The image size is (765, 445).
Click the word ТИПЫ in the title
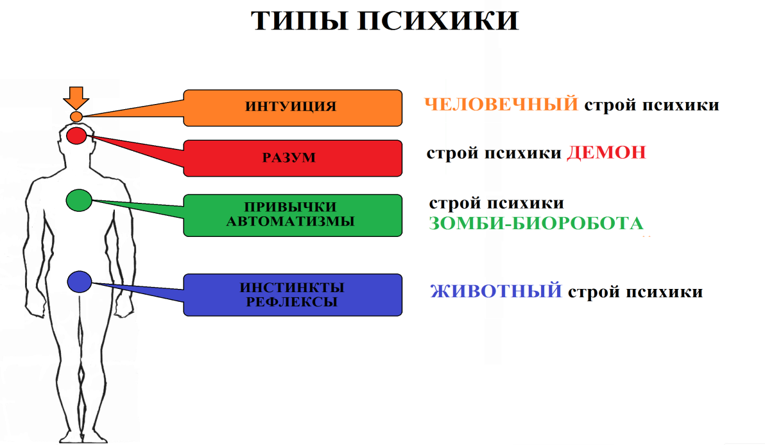click(x=298, y=21)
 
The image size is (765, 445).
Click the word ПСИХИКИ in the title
click(x=438, y=21)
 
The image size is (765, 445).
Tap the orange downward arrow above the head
click(x=76, y=98)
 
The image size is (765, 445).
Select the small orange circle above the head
click(x=76, y=117)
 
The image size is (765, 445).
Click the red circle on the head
click(x=76, y=135)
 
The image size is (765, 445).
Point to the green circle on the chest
click(x=79, y=200)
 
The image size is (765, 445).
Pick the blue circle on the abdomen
click(x=80, y=281)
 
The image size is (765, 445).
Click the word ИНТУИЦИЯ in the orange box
click(x=291, y=107)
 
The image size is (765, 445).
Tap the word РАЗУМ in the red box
click(x=289, y=157)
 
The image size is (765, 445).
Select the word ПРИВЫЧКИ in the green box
click(x=290, y=207)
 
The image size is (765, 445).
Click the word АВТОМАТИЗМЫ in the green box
click(x=290, y=222)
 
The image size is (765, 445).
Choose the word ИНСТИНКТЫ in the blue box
click(x=292, y=288)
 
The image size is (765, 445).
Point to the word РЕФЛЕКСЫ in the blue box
click(x=292, y=302)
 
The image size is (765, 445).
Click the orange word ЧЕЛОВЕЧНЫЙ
click(x=501, y=105)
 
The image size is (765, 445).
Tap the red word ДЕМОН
click(x=606, y=153)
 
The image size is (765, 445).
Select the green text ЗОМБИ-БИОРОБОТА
click(x=536, y=223)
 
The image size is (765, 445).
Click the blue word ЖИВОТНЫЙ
click(x=496, y=292)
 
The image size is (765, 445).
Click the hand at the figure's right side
click(x=126, y=306)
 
